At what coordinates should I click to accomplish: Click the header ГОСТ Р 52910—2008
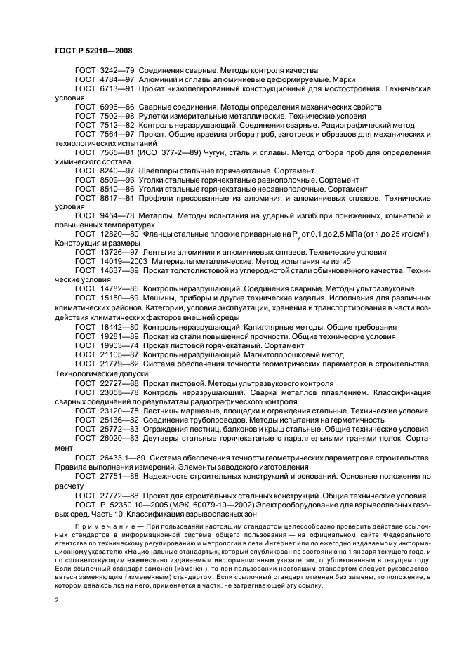tap(93, 50)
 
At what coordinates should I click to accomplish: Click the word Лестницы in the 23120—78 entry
tap(163, 409)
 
